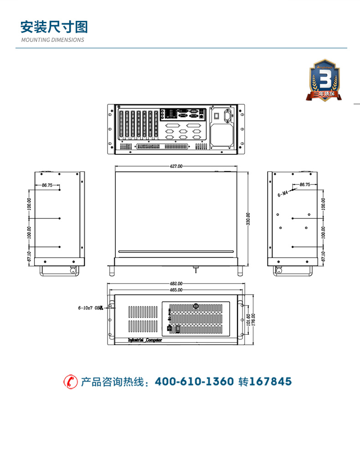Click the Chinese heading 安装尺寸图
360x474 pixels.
[54, 27]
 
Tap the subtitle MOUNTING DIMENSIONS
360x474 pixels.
[52, 40]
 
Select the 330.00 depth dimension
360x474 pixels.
[248, 218]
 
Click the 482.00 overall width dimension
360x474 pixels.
[176, 284]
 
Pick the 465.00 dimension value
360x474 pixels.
[176, 290]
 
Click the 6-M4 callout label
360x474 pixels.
[283, 194]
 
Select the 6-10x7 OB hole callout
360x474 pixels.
[90, 308]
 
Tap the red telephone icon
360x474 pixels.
[70, 382]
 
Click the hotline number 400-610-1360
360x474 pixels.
[195, 382]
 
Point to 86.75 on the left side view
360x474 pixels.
[47, 185]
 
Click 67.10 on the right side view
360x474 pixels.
[323, 256]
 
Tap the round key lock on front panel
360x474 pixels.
[196, 306]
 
